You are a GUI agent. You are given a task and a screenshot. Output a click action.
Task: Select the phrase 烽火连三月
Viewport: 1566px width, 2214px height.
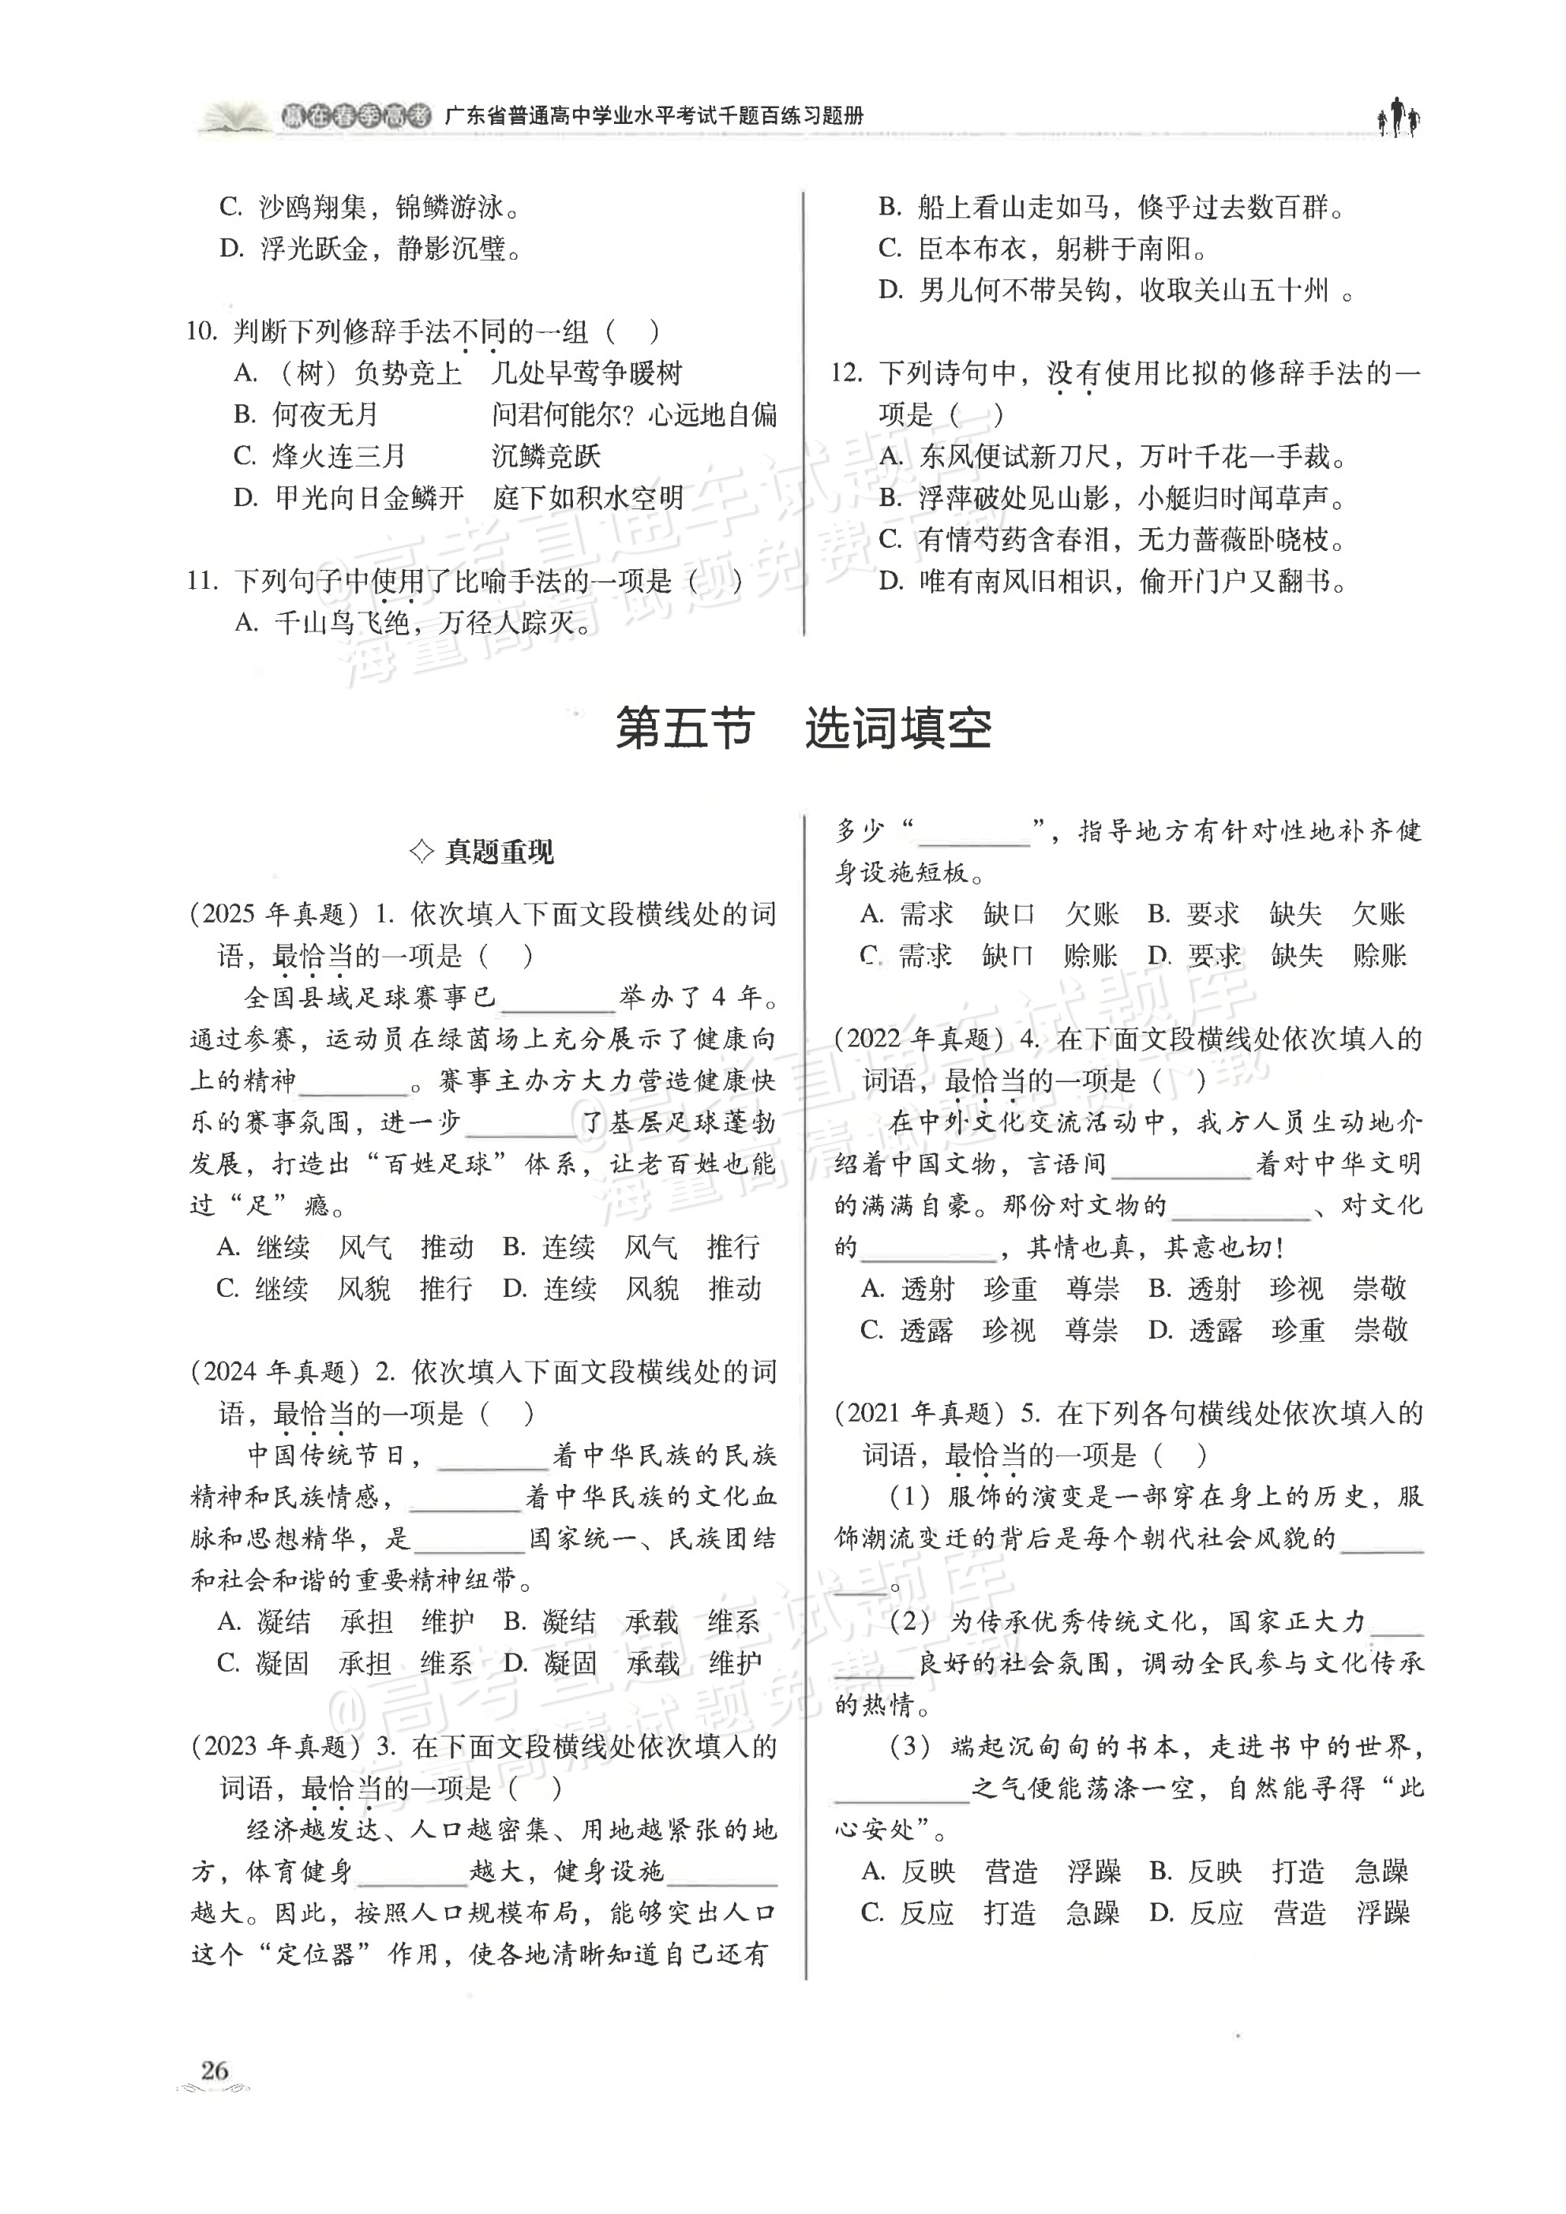click(339, 456)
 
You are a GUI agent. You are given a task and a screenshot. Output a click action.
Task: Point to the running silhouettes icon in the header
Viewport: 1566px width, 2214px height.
click(1398, 118)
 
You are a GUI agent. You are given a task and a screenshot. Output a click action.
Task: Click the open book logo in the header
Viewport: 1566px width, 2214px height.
click(235, 118)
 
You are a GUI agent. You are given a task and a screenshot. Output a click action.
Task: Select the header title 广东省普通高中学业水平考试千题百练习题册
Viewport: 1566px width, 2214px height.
click(654, 117)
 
